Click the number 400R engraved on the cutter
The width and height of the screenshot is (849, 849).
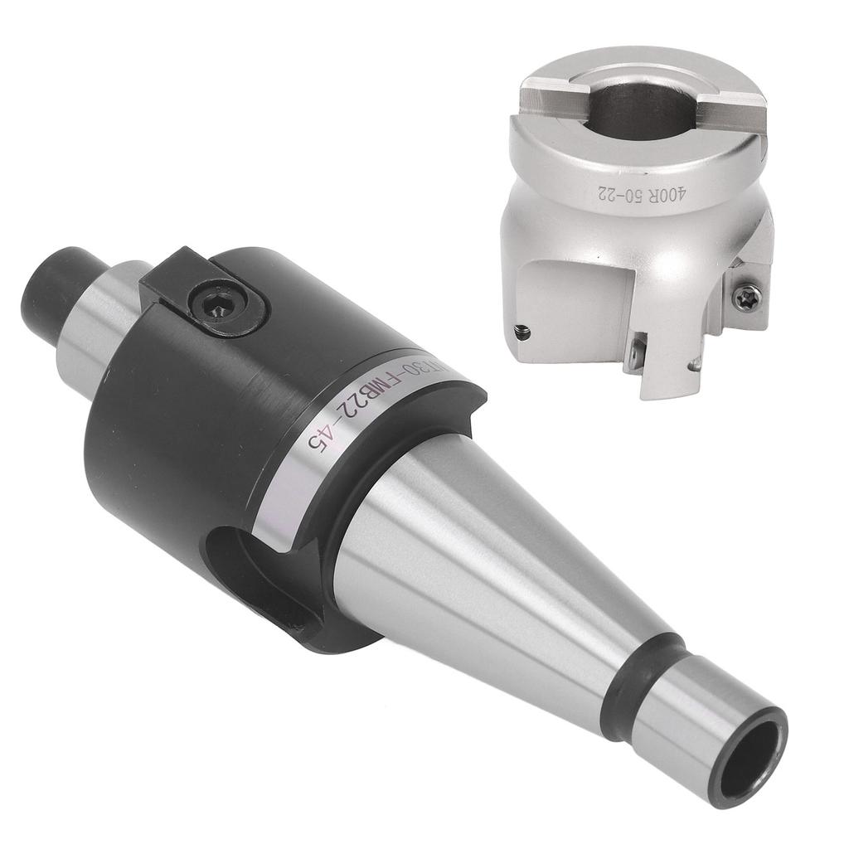664,199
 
